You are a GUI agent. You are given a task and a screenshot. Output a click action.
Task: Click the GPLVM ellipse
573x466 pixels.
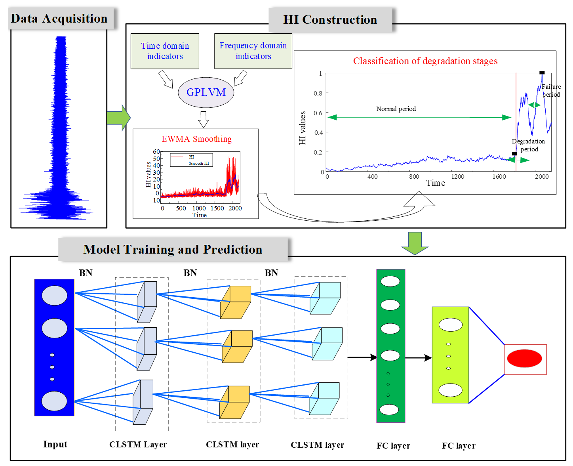206,92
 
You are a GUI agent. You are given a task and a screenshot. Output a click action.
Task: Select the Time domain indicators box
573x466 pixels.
165,51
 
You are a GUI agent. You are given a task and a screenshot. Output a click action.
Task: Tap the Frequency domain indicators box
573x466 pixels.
253,51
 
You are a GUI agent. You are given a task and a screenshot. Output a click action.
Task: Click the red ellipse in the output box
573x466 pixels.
524,358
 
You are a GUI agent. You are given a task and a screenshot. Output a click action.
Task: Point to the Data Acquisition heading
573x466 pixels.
59,19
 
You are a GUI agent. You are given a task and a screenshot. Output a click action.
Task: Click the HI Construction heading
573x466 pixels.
330,20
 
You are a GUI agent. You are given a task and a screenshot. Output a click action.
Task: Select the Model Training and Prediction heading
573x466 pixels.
173,249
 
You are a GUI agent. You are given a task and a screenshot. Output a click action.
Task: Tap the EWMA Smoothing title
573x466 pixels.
197,139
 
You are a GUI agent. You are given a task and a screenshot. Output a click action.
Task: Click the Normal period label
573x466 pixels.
396,109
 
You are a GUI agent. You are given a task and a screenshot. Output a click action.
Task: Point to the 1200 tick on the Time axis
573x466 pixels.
457,177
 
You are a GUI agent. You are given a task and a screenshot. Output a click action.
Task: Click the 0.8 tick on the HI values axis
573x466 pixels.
318,94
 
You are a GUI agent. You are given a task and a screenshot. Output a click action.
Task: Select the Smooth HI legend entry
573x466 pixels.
199,163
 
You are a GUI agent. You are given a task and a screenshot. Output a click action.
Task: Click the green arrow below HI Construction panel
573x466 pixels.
415,243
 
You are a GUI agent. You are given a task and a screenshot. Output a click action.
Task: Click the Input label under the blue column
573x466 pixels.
55,444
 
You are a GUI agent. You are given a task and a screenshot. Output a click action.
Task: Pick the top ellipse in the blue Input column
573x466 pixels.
54,295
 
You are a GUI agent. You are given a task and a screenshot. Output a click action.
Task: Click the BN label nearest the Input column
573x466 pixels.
86,273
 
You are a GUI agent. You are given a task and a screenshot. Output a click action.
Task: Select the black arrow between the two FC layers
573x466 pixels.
418,358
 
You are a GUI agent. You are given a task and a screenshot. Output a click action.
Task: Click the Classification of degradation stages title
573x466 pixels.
425,61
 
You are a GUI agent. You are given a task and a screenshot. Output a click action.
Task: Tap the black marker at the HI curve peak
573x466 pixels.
542,73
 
